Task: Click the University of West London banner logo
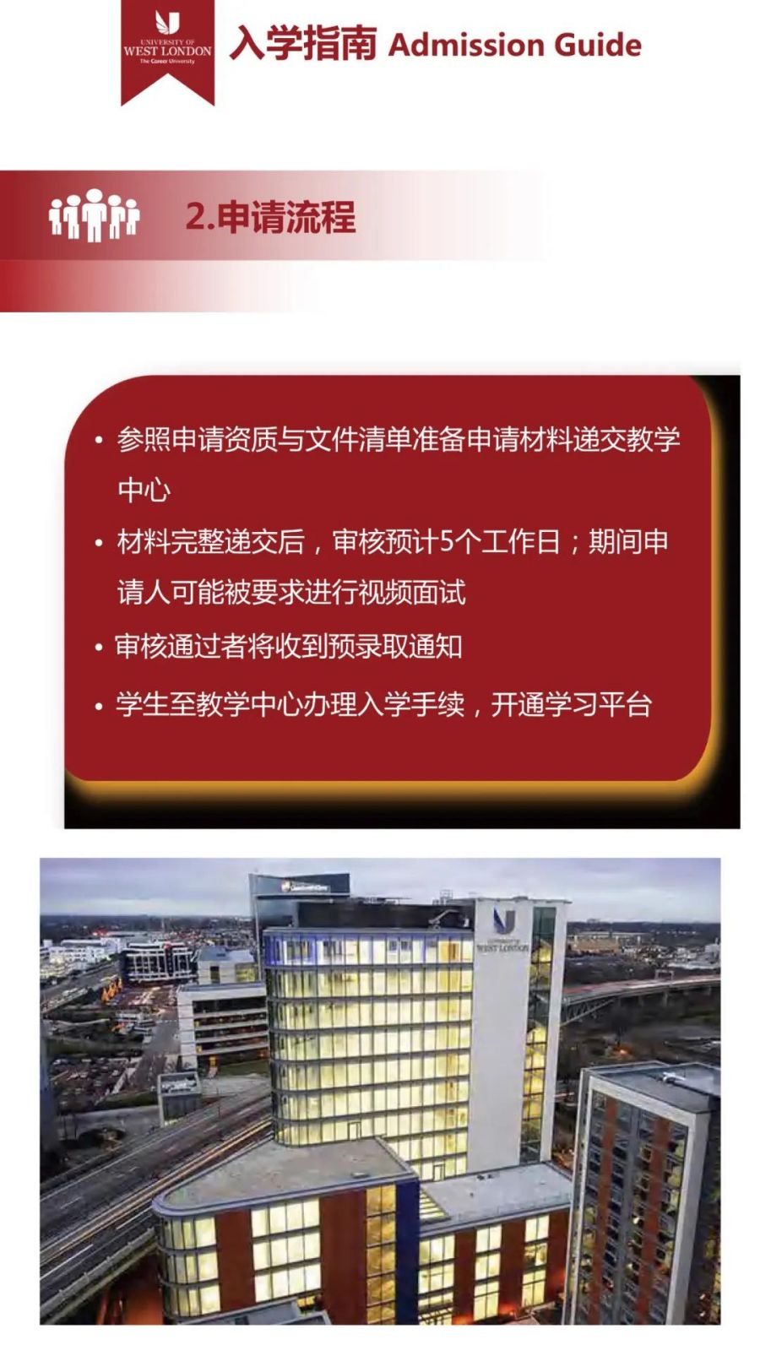168,52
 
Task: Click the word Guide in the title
597,46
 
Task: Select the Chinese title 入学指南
303,44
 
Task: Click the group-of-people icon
94,215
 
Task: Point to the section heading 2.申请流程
270,216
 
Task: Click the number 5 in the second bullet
448,542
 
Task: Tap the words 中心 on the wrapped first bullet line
144,490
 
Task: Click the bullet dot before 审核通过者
99,648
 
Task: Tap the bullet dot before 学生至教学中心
99,707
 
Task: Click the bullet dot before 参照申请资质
99,441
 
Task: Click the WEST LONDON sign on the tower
502,946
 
